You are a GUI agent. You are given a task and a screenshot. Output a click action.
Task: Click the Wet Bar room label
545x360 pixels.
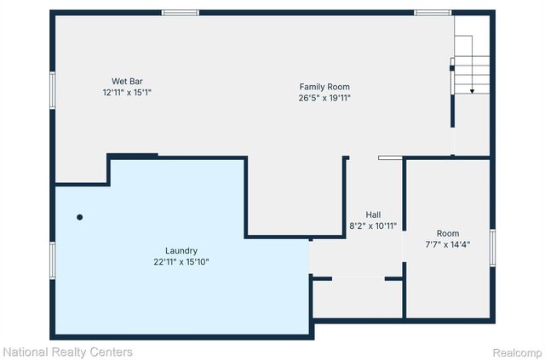click(123, 81)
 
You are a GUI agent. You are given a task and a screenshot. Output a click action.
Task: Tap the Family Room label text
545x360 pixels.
click(324, 87)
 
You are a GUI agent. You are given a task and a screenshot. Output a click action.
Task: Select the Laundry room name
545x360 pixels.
click(181, 251)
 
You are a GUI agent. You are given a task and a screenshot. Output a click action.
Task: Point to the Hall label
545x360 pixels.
click(373, 214)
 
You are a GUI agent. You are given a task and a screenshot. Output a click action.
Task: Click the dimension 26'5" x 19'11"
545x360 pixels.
click(324, 98)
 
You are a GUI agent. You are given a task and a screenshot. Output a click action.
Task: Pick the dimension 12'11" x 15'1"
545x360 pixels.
click(127, 92)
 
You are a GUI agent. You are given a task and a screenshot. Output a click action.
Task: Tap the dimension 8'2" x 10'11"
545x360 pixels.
click(373, 226)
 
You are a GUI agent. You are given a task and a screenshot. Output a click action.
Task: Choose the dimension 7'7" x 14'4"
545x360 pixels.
click(447, 244)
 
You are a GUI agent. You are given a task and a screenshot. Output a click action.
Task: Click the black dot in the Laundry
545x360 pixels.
click(80, 217)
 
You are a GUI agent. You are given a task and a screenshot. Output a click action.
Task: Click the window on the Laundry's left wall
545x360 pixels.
click(53, 259)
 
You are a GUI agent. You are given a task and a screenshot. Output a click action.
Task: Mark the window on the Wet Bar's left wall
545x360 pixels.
click(53, 89)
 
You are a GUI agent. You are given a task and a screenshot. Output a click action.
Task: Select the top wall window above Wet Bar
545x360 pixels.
click(180, 13)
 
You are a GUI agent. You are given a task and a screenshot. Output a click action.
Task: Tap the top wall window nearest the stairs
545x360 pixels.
click(432, 13)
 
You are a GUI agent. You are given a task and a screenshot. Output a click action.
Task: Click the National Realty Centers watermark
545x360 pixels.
click(67, 351)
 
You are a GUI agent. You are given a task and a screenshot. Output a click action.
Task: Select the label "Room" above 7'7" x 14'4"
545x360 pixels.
click(447, 233)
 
